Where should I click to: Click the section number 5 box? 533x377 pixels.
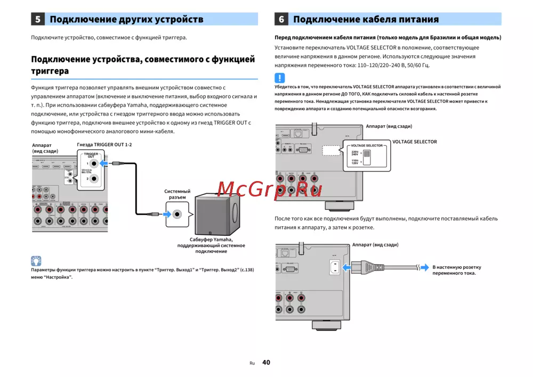38,20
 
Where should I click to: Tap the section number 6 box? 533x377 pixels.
281,20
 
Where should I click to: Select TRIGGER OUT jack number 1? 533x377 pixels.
94,163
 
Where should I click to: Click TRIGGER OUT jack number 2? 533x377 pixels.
94,179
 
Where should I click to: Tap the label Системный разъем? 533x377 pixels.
177,194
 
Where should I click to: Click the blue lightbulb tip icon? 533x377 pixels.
36,261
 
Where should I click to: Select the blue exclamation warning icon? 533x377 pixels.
280,77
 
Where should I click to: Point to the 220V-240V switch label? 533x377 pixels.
355,153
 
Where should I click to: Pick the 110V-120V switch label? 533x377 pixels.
355,161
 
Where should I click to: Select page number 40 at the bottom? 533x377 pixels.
266,363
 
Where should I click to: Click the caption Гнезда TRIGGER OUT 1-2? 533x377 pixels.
104,145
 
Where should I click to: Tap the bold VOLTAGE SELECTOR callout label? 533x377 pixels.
414,142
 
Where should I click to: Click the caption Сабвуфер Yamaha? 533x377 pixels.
211,240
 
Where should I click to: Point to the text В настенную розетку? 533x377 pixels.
456,267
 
